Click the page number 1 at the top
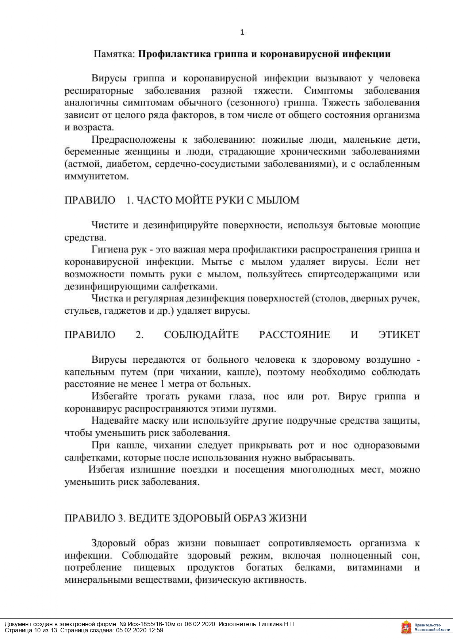click(x=242, y=32)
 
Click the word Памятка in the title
click(x=114, y=54)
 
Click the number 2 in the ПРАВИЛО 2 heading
click(x=139, y=335)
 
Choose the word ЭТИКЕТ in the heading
click(x=399, y=335)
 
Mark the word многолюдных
click(x=322, y=470)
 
